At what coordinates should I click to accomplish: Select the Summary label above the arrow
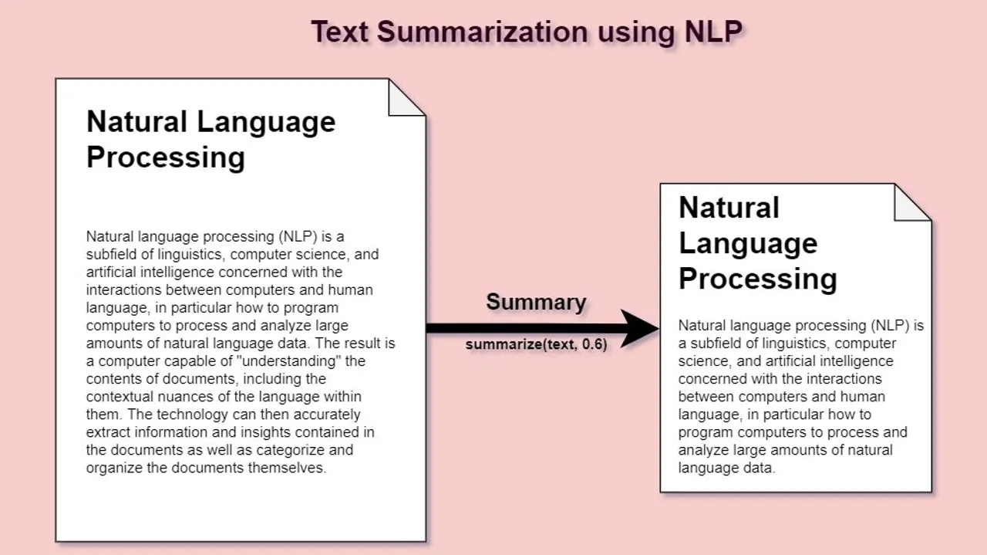tap(536, 302)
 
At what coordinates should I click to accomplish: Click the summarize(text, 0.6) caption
tap(536, 345)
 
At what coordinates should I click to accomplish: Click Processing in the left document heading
tap(165, 157)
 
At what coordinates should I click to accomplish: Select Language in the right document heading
tap(747, 243)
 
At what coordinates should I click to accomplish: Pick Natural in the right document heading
tap(729, 208)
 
